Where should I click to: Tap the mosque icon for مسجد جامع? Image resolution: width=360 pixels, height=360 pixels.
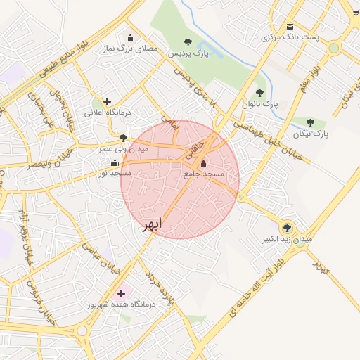(x=204, y=163)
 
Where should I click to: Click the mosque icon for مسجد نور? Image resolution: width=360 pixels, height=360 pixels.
(x=115, y=162)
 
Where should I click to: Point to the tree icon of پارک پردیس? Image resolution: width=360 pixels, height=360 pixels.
(x=187, y=42)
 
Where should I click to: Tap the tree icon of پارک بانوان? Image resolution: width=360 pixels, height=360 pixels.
(x=259, y=93)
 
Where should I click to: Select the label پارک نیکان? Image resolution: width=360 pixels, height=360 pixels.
(x=311, y=132)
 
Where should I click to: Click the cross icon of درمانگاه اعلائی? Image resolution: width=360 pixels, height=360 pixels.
(x=107, y=102)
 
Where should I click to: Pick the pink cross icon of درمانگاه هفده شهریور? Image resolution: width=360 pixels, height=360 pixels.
(x=121, y=292)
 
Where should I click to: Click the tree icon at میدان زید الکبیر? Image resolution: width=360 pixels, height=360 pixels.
(x=287, y=227)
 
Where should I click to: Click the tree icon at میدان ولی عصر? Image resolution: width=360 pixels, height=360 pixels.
(x=124, y=138)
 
